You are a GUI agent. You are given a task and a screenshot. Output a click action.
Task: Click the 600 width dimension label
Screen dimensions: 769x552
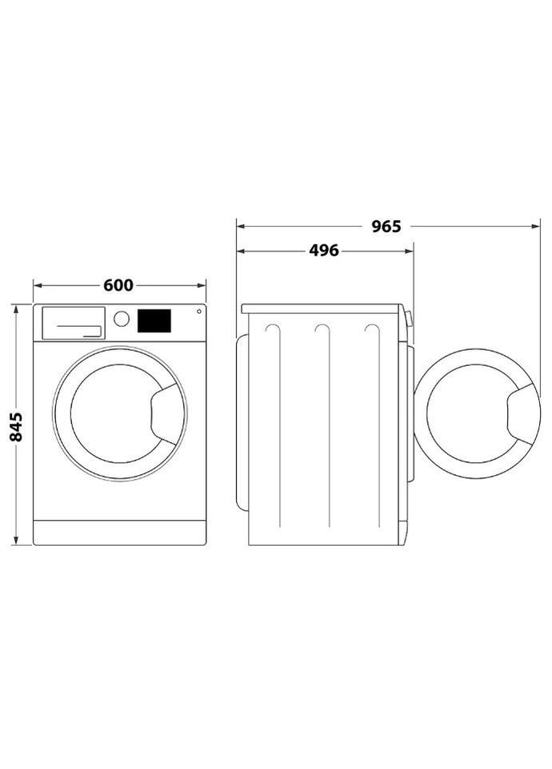[x=118, y=285]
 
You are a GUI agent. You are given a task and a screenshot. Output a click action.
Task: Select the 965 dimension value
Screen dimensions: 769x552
[x=386, y=227]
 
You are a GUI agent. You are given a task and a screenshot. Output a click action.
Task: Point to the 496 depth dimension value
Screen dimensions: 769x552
[x=324, y=251]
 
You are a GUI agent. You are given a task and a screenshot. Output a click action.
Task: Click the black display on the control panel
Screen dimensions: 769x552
[x=154, y=320]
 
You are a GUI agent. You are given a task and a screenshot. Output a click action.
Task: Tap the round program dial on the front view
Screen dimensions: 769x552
[x=122, y=319]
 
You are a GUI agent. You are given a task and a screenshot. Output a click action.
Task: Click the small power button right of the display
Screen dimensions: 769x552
[x=198, y=312]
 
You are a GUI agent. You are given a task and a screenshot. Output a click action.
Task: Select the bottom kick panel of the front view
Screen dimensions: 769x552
[x=119, y=532]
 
